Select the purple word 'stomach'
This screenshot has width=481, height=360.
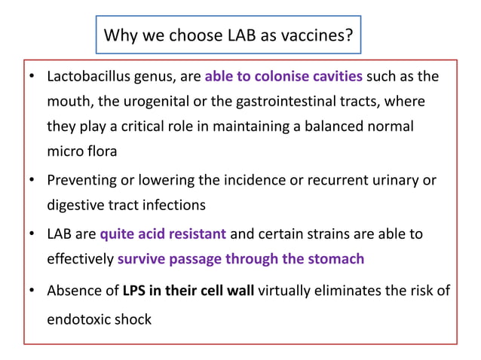tap(335, 259)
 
